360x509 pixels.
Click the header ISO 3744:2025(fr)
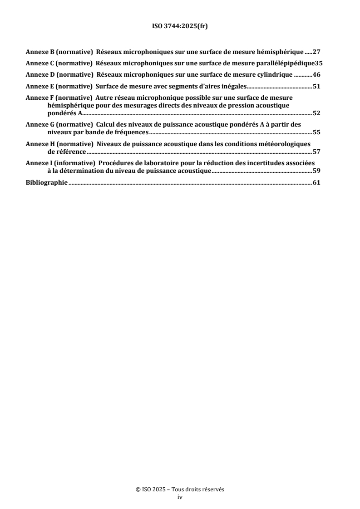coord(180,27)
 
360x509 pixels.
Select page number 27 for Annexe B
coord(316,52)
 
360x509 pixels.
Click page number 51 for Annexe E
coord(316,85)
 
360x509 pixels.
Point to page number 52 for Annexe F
coord(316,114)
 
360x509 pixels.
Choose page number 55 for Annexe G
coord(316,133)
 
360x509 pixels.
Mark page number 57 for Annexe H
coord(316,152)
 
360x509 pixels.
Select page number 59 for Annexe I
coord(316,172)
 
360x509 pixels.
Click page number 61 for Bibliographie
coord(316,183)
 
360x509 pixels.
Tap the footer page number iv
coord(180,497)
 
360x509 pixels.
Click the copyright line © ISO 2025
coord(180,490)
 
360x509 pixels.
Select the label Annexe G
coord(39,125)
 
